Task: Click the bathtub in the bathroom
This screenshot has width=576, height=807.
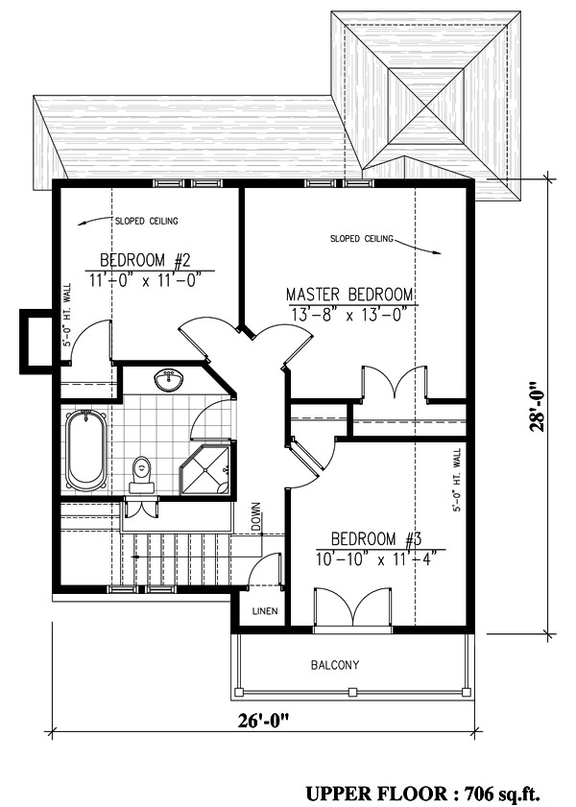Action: click(x=85, y=450)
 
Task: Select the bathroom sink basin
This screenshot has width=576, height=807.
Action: click(x=168, y=380)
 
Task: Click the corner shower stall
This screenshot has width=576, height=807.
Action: click(x=204, y=470)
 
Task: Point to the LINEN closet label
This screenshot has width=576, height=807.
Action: click(x=265, y=611)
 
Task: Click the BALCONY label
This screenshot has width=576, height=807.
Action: click(x=335, y=665)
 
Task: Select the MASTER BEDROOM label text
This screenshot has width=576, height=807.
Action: click(x=349, y=295)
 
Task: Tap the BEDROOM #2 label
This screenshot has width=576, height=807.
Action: click(x=145, y=260)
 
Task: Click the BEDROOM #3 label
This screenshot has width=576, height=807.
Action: click(x=376, y=539)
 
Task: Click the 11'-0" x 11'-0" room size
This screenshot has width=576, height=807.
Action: click(x=144, y=280)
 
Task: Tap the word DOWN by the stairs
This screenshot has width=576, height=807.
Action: click(x=256, y=516)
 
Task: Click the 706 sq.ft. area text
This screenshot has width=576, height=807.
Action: click(x=502, y=794)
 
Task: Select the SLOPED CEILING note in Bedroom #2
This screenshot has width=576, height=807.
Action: click(x=146, y=222)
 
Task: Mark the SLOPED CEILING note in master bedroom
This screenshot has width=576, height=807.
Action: click(x=361, y=239)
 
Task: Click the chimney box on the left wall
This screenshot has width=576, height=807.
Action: click(x=35, y=342)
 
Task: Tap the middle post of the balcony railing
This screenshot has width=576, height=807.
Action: click(x=352, y=691)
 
